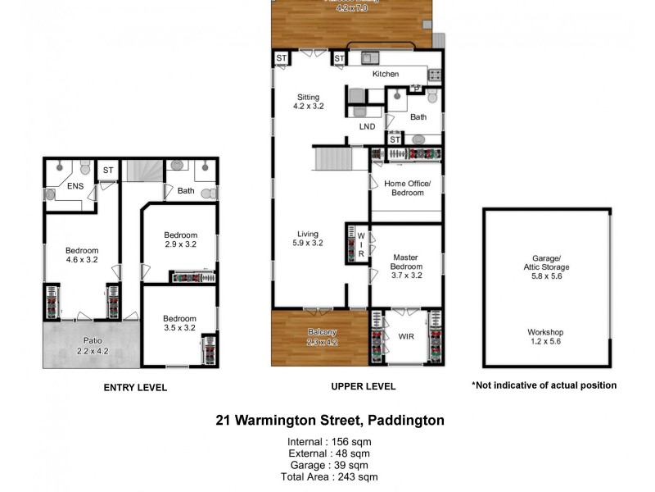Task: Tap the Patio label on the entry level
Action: pyautogui.click(x=92, y=345)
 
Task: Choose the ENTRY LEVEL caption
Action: pyautogui.click(x=135, y=387)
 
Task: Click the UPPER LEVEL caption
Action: pyautogui.click(x=364, y=386)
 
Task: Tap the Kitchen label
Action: pyautogui.click(x=386, y=75)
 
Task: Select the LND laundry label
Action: pyautogui.click(x=367, y=127)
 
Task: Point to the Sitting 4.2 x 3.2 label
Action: pyautogui.click(x=310, y=102)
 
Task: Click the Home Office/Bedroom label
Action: pyautogui.click(x=407, y=189)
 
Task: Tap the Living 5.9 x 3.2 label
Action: pyautogui.click(x=308, y=239)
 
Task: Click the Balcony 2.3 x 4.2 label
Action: pyautogui.click(x=322, y=337)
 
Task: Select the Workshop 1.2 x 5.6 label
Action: pyautogui.click(x=546, y=337)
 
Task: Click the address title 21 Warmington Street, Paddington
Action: pyautogui.click(x=330, y=421)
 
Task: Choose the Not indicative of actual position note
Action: pyautogui.click(x=544, y=385)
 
